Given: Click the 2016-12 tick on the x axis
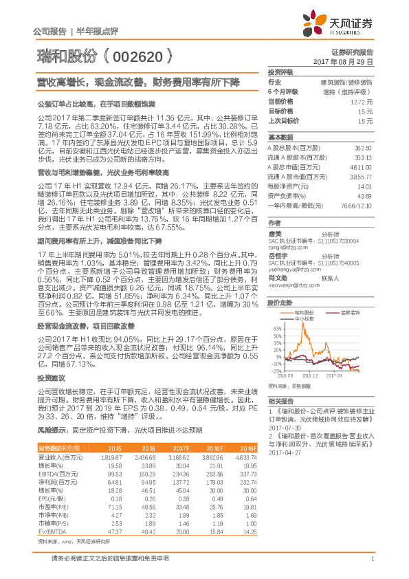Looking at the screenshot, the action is coord(311,376).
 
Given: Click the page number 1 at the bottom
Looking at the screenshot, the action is coord(371,566).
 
